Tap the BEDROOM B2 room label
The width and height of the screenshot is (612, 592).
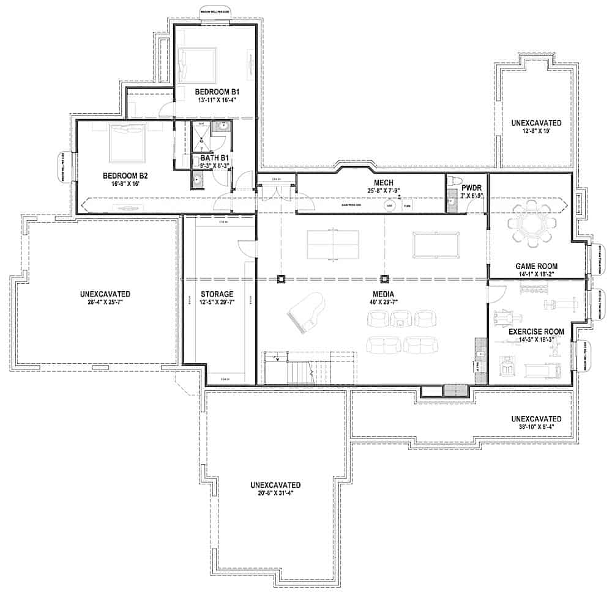(x=125, y=175)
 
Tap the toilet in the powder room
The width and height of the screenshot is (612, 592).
(x=453, y=182)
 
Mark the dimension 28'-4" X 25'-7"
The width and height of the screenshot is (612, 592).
(x=105, y=302)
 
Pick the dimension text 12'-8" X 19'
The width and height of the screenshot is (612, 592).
(x=536, y=131)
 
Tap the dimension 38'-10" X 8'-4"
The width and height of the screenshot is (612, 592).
(x=536, y=427)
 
